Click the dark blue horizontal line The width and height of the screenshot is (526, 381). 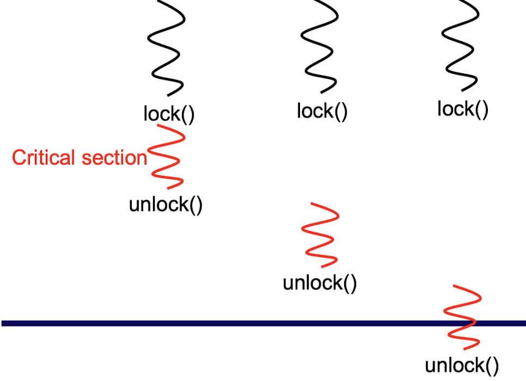(x=218, y=323)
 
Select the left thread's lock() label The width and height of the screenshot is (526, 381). (x=169, y=114)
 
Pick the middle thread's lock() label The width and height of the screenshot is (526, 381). (x=322, y=112)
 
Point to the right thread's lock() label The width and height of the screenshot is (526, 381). (x=463, y=109)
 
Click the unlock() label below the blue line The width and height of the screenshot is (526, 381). (x=462, y=366)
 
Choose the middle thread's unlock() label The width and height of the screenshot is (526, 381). (x=320, y=284)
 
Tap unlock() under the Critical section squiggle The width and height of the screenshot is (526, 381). (x=166, y=206)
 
